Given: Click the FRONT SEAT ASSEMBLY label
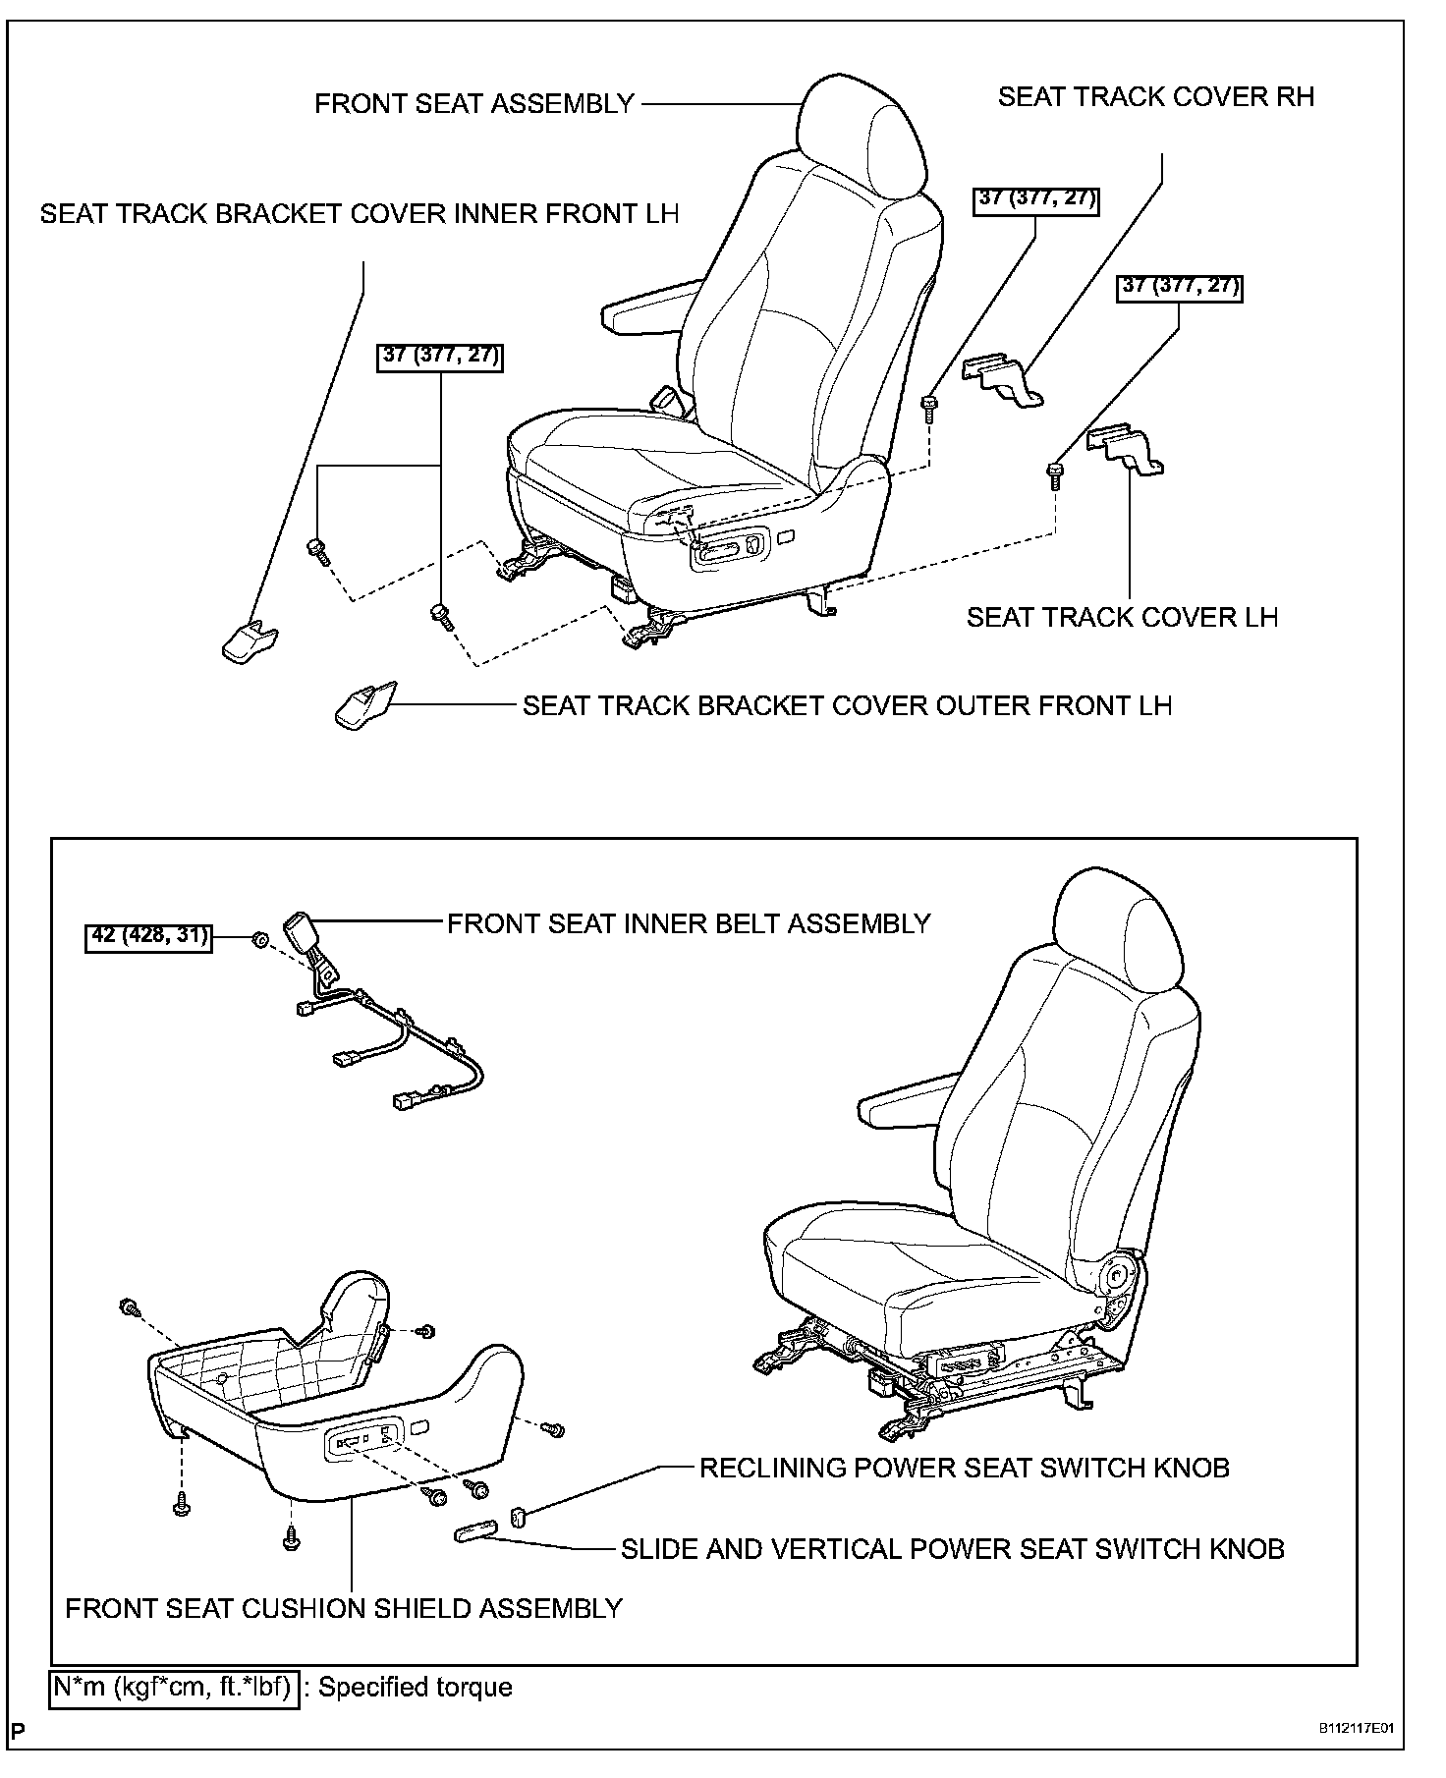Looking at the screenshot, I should point(474,104).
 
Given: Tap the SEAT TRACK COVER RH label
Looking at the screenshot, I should point(1155,97).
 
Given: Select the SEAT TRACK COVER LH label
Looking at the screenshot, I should point(1122,617).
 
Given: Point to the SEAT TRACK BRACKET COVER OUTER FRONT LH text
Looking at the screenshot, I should point(847,705).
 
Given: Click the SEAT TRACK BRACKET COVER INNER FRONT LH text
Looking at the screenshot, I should point(360,214).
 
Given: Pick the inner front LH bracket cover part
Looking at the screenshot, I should point(247,641).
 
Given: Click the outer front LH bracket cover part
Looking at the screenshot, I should point(364,706).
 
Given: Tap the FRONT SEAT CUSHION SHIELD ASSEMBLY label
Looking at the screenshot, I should point(344,1608).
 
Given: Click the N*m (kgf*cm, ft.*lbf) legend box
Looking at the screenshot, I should point(173,1688).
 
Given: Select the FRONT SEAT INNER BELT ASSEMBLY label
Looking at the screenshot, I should point(689,923).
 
